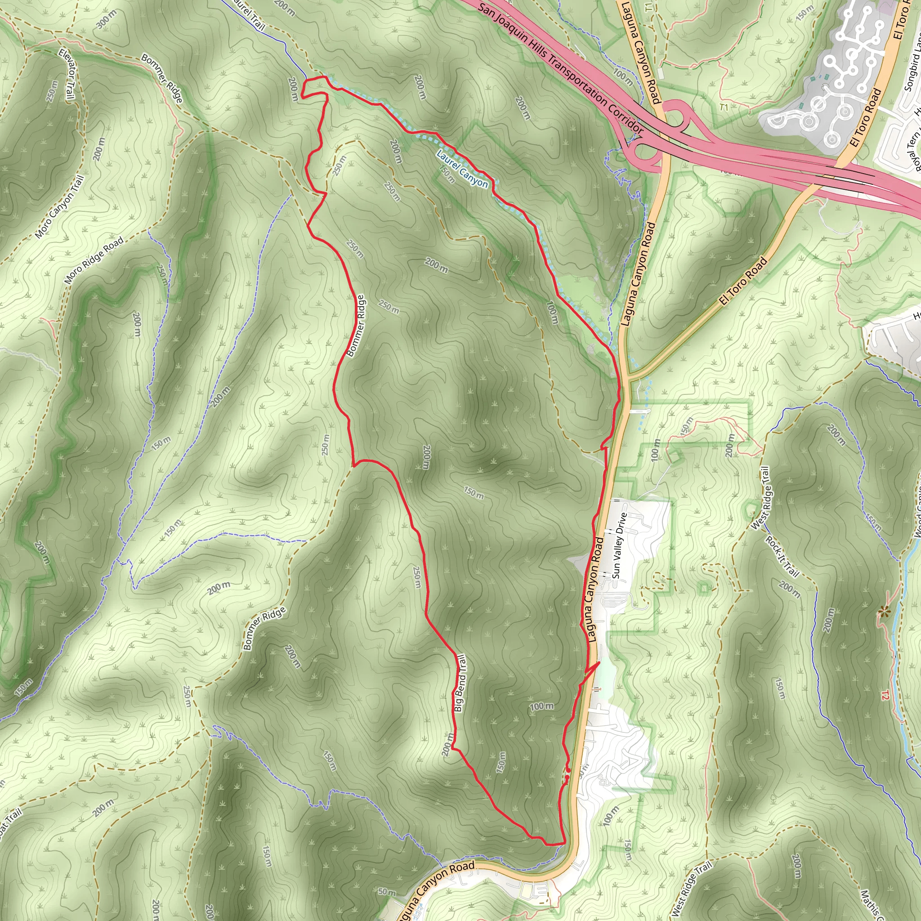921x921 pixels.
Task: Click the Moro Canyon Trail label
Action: [60, 207]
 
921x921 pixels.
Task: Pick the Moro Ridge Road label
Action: [94, 260]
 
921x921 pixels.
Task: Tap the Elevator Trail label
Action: [67, 74]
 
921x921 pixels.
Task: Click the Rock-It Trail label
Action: [782, 556]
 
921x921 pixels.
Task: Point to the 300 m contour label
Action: [106, 19]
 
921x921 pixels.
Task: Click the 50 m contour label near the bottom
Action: [387, 892]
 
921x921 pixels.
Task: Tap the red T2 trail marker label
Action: [885, 697]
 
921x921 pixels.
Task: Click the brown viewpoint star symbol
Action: [885, 611]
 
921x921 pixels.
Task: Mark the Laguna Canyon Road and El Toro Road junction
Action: [628, 379]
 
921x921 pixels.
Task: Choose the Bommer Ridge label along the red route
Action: [356, 326]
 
